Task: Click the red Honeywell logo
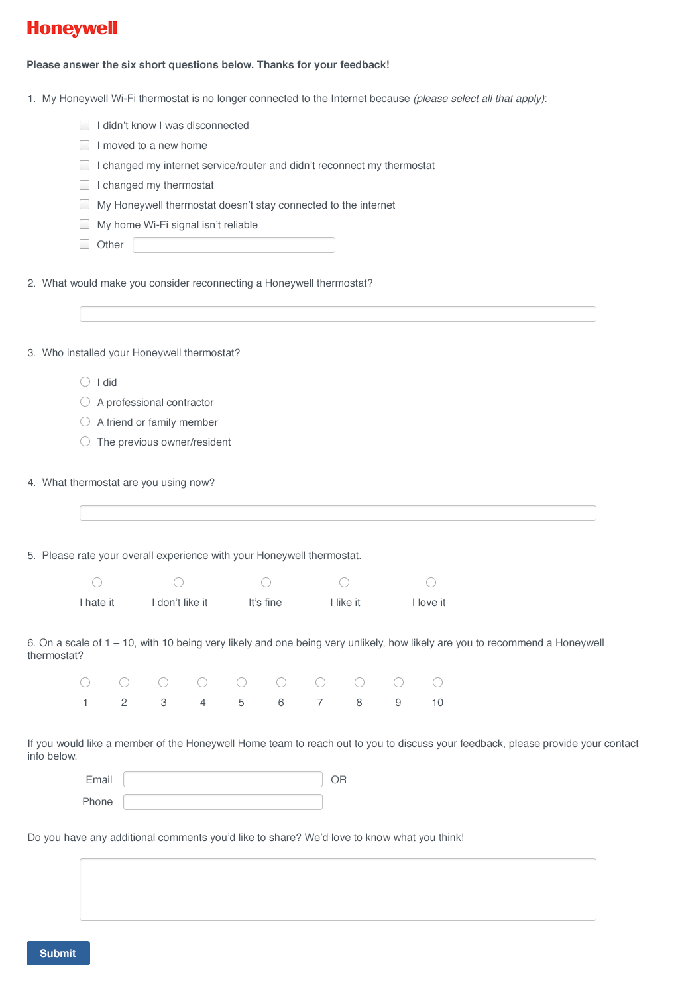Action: (x=72, y=28)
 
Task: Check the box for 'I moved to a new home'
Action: (x=85, y=145)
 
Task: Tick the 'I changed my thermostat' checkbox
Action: (x=85, y=185)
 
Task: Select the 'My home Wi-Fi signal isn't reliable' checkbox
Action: (x=85, y=224)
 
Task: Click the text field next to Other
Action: (x=233, y=245)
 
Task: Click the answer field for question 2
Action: (x=337, y=314)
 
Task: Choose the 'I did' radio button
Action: (x=85, y=382)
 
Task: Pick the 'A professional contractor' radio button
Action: (x=85, y=402)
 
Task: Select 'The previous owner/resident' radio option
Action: (x=85, y=442)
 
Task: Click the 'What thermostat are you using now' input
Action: (x=337, y=513)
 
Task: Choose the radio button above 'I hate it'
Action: (x=97, y=583)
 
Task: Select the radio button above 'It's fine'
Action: (x=266, y=583)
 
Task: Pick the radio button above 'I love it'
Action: (x=431, y=583)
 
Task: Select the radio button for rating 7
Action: (x=320, y=683)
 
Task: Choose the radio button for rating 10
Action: (x=437, y=683)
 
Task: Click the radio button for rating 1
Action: (x=85, y=683)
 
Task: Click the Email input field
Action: (x=223, y=779)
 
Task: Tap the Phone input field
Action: (x=223, y=802)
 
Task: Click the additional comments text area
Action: (x=337, y=889)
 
